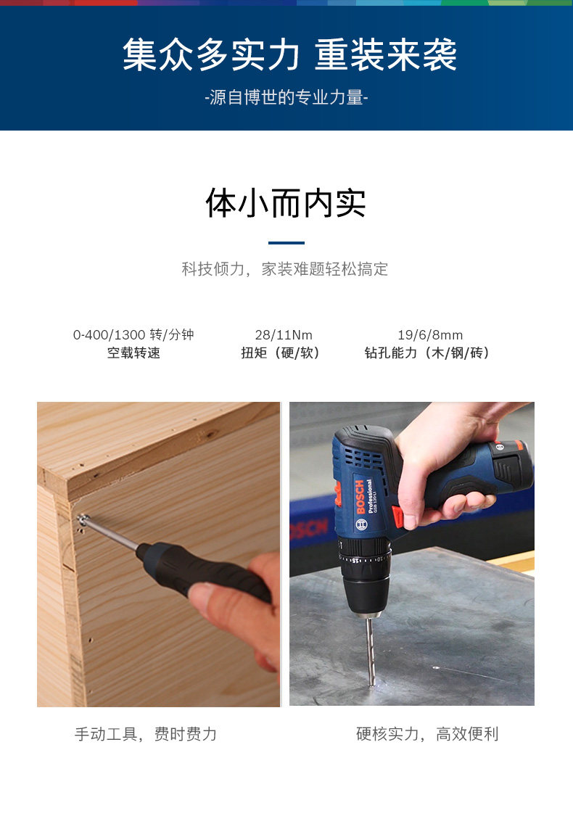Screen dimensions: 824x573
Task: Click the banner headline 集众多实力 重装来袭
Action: click(x=289, y=55)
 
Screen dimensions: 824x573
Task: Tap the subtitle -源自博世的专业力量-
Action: click(x=286, y=98)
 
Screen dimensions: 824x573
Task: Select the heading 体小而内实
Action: click(x=286, y=203)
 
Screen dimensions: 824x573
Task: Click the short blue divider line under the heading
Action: click(x=286, y=243)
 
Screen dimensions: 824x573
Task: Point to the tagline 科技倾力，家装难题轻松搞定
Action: click(x=285, y=269)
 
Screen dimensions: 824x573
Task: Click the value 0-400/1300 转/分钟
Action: click(x=133, y=334)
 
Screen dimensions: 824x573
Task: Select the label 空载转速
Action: click(x=133, y=353)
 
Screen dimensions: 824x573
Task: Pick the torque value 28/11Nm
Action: click(x=284, y=334)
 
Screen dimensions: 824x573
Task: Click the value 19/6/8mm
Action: click(x=430, y=334)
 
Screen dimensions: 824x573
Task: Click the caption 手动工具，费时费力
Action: click(x=146, y=734)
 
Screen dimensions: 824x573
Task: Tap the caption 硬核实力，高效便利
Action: click(x=427, y=734)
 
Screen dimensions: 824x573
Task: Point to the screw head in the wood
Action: click(x=84, y=519)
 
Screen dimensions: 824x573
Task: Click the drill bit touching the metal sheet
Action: click(x=371, y=649)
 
